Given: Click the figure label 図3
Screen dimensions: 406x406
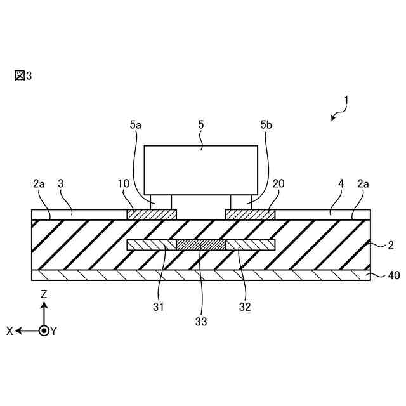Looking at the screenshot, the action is (x=22, y=75).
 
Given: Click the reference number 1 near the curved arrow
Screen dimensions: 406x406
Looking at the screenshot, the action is (x=347, y=100).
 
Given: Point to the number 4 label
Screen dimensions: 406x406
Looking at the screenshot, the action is (x=341, y=183).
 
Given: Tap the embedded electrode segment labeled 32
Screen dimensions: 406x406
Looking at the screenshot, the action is (x=251, y=245).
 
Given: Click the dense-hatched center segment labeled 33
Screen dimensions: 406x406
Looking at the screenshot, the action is (x=200, y=245).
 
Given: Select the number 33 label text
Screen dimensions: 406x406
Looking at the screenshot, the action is (x=201, y=322).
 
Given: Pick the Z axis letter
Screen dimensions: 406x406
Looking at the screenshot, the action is (x=44, y=294).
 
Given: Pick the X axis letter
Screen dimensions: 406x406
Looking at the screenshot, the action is (x=10, y=331).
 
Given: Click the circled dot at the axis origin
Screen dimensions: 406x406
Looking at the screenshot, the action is (x=44, y=331).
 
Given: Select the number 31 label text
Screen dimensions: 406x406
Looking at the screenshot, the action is (x=159, y=307).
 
